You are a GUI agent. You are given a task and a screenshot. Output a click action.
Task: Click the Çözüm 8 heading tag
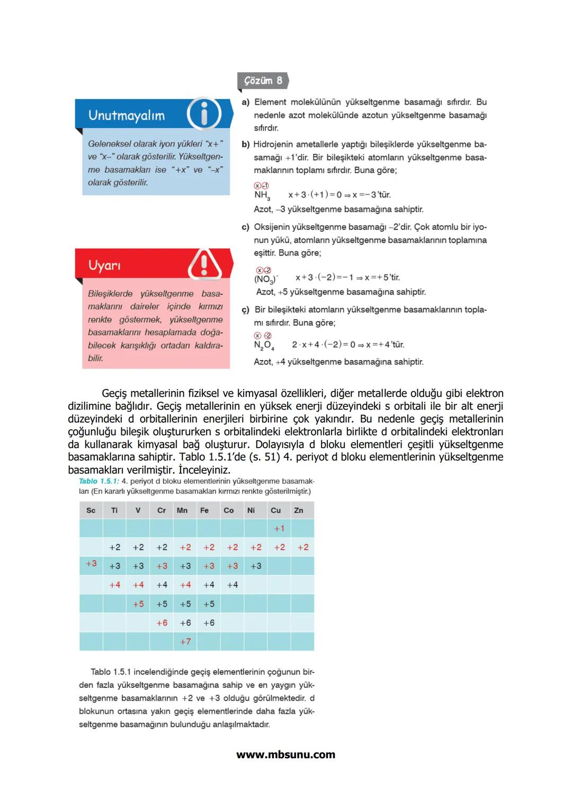tap(263, 81)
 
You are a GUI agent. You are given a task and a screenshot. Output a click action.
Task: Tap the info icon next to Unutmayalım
tap(204, 114)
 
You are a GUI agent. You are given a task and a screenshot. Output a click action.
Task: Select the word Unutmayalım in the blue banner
tap(127, 115)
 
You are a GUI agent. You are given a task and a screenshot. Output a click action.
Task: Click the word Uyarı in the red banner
tap(104, 265)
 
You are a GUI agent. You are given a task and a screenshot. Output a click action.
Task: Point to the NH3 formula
tap(262, 195)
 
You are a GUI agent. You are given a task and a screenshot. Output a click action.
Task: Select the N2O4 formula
tap(263, 345)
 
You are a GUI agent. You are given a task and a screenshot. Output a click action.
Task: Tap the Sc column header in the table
tap(91, 511)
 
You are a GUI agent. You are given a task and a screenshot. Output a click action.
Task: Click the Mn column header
tap(182, 511)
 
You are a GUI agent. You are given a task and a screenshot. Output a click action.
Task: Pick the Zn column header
tap(299, 511)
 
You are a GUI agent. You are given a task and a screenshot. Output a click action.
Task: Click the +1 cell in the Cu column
tap(279, 529)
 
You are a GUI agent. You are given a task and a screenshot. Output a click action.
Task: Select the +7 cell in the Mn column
tap(185, 642)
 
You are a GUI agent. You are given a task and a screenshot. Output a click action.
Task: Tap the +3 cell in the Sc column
tap(91, 564)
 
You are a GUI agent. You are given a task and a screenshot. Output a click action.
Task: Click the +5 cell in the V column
tap(138, 604)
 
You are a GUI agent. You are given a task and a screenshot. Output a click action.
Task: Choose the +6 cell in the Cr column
tap(162, 623)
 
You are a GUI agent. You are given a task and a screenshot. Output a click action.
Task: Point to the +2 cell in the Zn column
tap(303, 548)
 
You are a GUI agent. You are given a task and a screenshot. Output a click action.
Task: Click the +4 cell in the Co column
tap(233, 585)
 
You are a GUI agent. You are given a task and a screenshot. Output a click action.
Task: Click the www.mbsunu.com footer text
tap(285, 755)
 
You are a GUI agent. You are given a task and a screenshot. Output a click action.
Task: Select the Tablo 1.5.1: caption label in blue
tap(99, 482)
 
